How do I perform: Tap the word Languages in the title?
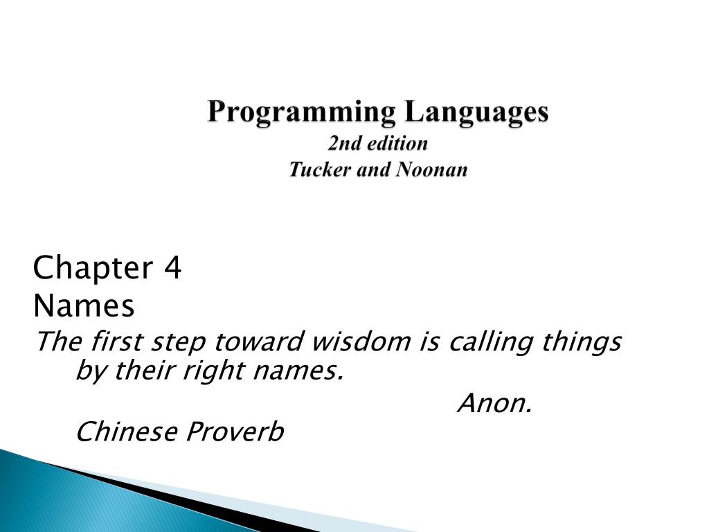point(476,112)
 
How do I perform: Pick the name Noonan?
point(431,170)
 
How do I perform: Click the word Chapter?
point(93,268)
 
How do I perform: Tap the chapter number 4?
point(172,267)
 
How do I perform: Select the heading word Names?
point(84,305)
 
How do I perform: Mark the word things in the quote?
point(582,342)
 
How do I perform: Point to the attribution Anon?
point(494,402)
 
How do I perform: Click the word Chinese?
point(127,431)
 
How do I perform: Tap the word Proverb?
point(235,431)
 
